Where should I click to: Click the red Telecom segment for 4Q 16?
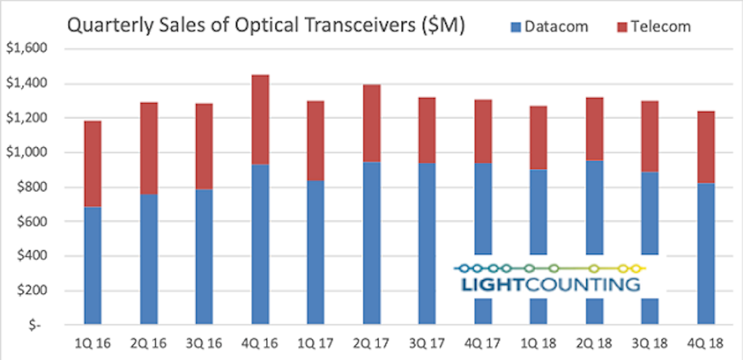pyautogui.click(x=260, y=120)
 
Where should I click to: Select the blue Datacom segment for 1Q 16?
pyautogui.click(x=93, y=266)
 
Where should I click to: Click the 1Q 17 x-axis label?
pyautogui.click(x=315, y=343)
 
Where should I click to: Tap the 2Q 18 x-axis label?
pyautogui.click(x=594, y=343)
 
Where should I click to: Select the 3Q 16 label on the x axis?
pyautogui.click(x=204, y=343)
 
